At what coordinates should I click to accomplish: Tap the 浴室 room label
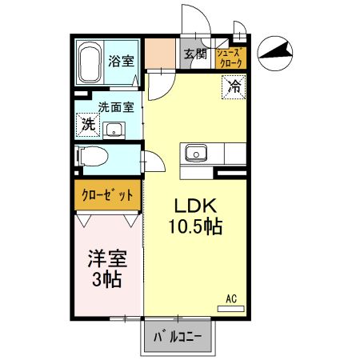[121, 59]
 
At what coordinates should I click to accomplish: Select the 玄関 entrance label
[194, 54]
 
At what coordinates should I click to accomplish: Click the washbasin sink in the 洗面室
[114, 130]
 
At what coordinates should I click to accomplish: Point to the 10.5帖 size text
[194, 226]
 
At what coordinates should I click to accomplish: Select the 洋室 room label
[104, 260]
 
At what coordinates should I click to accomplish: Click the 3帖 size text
[104, 280]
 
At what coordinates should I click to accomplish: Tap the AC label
[231, 298]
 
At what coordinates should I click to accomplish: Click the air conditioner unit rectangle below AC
[230, 307]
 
